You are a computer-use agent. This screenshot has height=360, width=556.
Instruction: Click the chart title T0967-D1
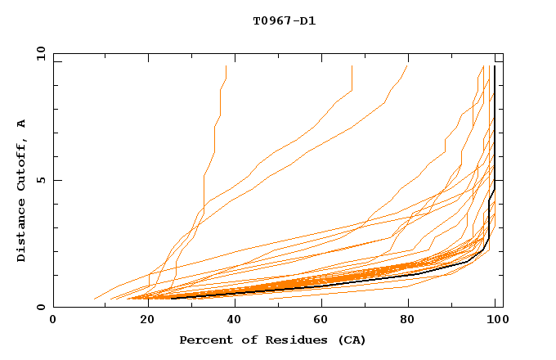[284, 21]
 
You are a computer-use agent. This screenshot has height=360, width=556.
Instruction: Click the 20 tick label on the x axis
[148, 320]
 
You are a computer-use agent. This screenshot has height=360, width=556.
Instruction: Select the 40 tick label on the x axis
[236, 320]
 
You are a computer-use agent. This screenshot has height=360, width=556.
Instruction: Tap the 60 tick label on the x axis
[325, 320]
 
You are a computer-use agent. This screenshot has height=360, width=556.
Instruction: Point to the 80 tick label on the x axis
[414, 320]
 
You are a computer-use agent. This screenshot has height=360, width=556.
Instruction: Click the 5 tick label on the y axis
[40, 180]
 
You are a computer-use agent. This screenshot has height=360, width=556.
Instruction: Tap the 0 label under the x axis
[53, 320]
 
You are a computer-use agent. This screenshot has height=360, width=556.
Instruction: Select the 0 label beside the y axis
[40, 307]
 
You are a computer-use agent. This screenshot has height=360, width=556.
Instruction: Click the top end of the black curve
[495, 66]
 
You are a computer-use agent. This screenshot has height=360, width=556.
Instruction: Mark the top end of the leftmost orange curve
[226, 66]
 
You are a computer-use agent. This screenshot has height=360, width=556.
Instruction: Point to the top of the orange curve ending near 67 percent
[352, 66]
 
